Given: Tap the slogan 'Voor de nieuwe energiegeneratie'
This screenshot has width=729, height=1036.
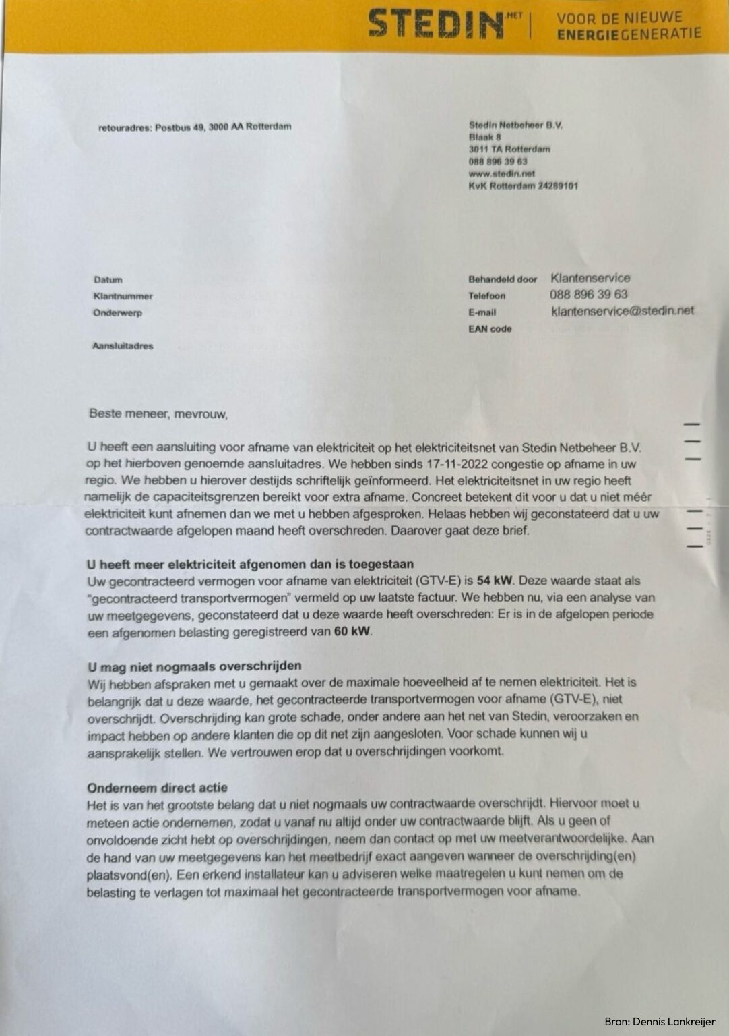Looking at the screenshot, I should point(629,25).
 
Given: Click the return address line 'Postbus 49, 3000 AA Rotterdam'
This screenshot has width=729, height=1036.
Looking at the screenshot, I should point(223,126).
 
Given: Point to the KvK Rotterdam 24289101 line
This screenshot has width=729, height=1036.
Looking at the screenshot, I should point(523,185).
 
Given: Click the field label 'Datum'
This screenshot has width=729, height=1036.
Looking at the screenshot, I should point(108,280).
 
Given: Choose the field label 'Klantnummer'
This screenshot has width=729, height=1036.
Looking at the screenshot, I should point(123,296).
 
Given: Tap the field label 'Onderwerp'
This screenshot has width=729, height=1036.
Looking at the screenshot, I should point(117,313).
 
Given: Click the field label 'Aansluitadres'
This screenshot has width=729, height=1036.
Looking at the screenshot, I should point(123,346).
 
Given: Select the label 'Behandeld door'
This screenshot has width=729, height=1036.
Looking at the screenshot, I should point(503,279).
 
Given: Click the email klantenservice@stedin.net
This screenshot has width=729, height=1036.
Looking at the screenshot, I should point(622,311).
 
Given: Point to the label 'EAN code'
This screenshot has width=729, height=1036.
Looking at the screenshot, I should point(490,329).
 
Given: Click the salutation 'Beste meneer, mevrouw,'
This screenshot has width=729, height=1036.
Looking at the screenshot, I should point(158,413).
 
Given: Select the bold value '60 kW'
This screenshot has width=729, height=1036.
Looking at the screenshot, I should point(352,632).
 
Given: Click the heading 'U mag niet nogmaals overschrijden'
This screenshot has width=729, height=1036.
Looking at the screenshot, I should point(195,667).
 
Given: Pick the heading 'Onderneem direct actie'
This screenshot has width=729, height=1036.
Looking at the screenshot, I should point(157,788).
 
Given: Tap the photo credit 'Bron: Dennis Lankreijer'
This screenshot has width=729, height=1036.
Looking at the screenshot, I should point(660,1022).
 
